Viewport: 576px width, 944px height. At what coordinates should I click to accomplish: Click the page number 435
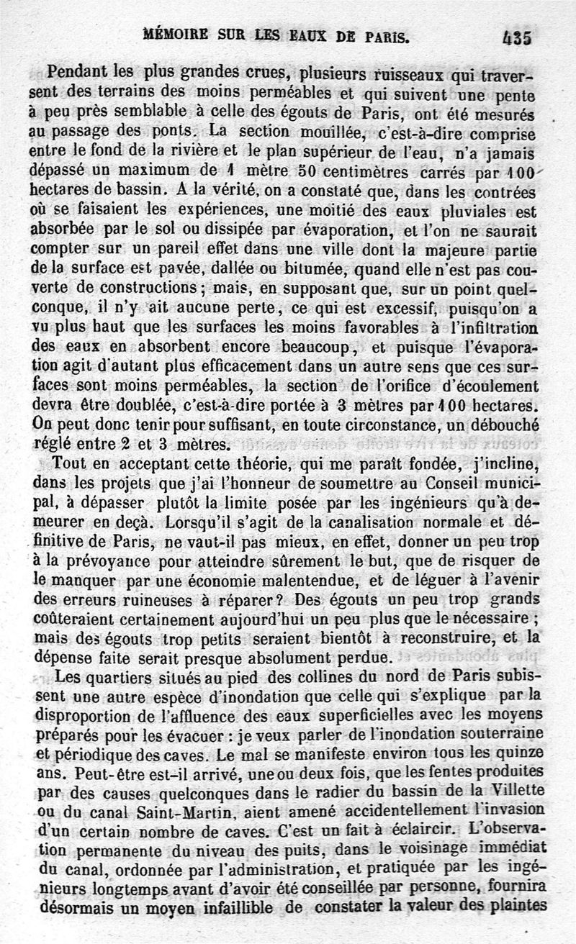pos(517,37)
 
